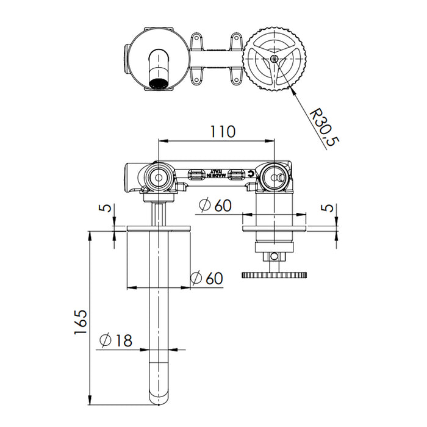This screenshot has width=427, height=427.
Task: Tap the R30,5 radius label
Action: coord(325,127)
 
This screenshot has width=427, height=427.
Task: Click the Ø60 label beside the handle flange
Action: coord(214,206)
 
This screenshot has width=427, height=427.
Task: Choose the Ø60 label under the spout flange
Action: coord(206,278)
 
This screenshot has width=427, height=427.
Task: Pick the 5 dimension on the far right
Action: coord(329,208)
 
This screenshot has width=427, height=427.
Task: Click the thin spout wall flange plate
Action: coord(159,229)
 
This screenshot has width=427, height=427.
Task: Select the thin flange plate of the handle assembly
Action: coord(274,229)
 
